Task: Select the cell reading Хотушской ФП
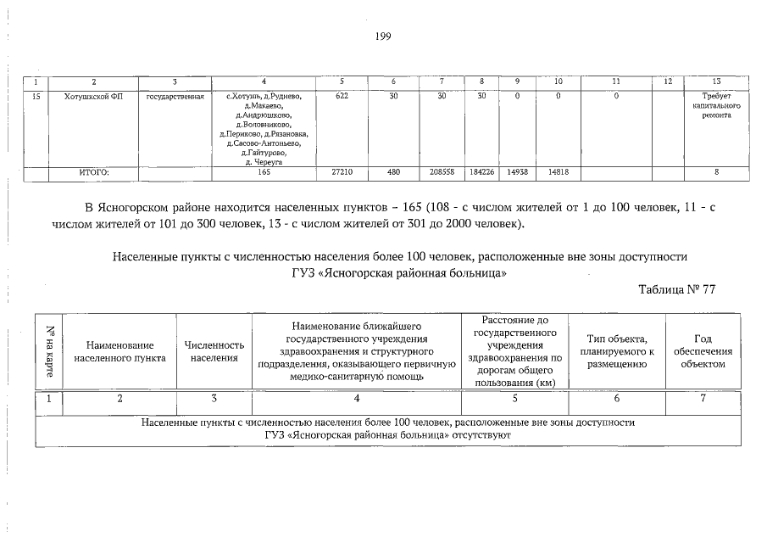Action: (x=94, y=97)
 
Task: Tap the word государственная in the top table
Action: (x=175, y=97)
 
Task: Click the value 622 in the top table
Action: (x=342, y=97)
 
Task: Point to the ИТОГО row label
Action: (x=94, y=172)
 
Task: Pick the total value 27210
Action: (x=342, y=172)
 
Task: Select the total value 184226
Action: (x=481, y=172)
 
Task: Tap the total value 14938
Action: (x=518, y=172)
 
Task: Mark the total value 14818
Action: (x=558, y=172)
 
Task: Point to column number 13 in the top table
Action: (x=716, y=81)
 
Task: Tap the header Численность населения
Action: (x=214, y=352)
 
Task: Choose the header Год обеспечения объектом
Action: (x=703, y=351)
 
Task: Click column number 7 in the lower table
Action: (x=703, y=399)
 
